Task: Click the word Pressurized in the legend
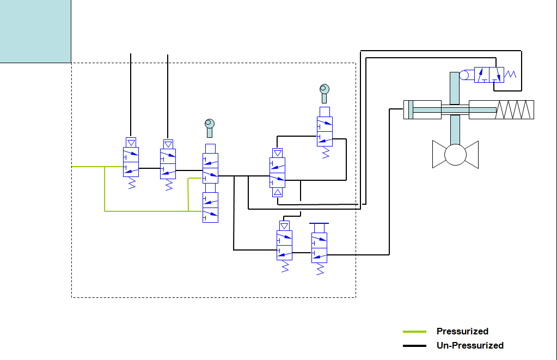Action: [462, 331]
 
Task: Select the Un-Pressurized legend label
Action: [470, 345]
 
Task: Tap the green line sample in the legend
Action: [414, 331]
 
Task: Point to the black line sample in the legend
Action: [414, 346]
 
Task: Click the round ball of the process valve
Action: [455, 155]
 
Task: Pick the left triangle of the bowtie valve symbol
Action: [438, 155]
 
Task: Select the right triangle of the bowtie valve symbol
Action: [472, 155]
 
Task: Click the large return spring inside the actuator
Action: [515, 109]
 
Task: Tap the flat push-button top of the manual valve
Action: [319, 223]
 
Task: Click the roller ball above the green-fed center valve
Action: [210, 124]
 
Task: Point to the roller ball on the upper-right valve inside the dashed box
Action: [325, 89]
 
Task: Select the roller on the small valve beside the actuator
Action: [466, 75]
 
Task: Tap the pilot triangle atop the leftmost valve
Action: [131, 142]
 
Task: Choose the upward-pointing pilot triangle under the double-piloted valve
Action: [278, 193]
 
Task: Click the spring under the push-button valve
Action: [320, 269]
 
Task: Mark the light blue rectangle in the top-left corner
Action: [35, 31]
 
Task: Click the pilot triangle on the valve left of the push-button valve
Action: [284, 225]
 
